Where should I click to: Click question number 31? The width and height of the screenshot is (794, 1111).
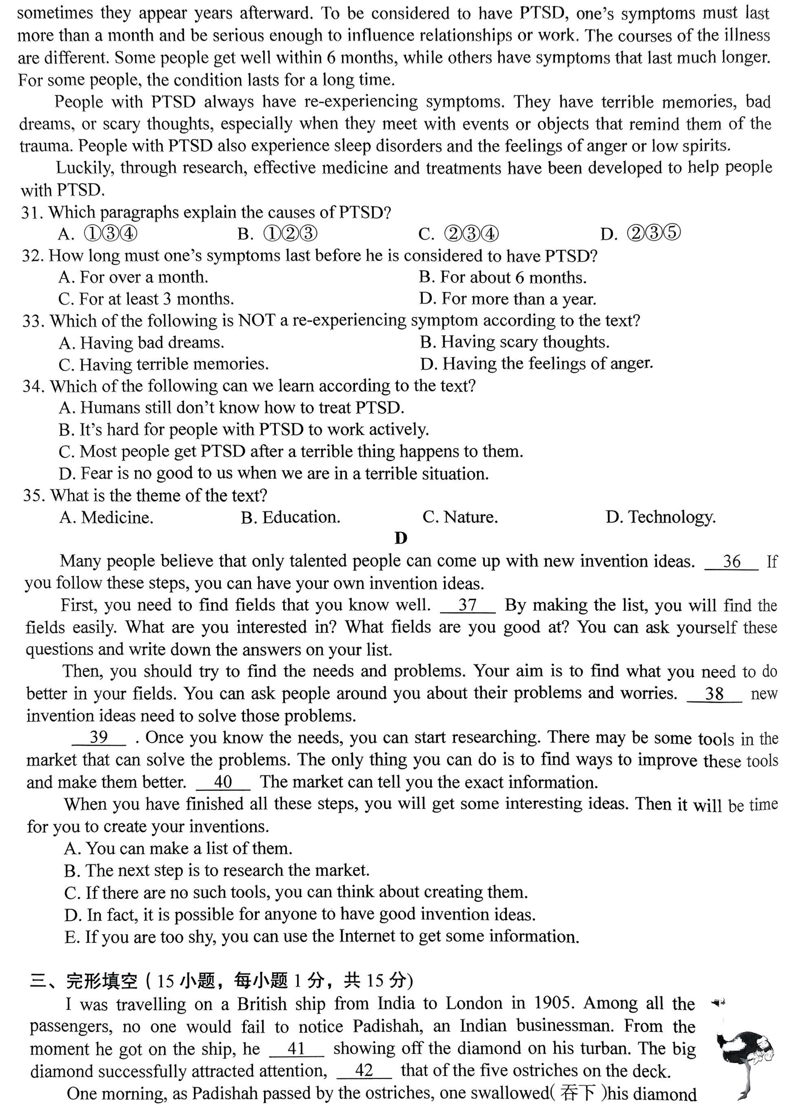coord(32,212)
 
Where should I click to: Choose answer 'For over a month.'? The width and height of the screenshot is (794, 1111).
coord(133,278)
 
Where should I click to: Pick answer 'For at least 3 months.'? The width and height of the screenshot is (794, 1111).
coord(146,299)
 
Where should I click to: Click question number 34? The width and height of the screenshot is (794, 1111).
coord(34,386)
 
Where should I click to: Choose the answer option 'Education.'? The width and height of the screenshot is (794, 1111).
coord(291,518)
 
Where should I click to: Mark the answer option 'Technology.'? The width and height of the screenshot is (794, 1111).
coord(660,518)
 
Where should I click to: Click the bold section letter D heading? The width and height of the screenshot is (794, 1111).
coord(401,538)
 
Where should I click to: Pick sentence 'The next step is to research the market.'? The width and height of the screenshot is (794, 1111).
coord(216,870)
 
